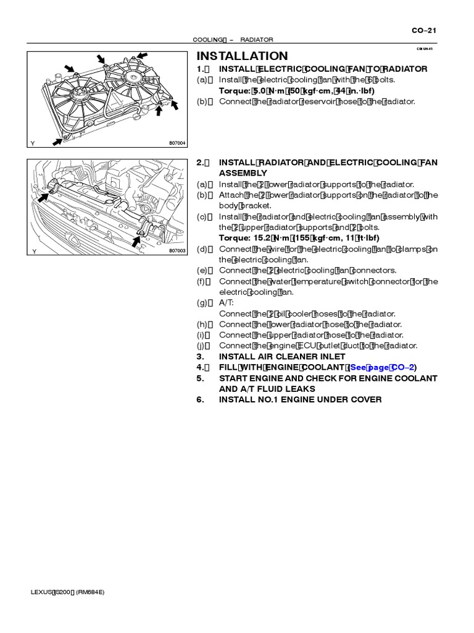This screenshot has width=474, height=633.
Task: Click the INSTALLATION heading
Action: pos(242,56)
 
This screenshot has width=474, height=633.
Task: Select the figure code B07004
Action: pos(177,143)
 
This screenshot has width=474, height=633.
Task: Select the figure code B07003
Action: pos(177,252)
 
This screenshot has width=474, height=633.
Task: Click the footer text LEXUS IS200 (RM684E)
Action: pos(67,592)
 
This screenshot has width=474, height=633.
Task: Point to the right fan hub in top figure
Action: pos(131,75)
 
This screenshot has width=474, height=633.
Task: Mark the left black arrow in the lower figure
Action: pos(43,197)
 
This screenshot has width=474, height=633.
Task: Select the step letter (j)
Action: pos(202,346)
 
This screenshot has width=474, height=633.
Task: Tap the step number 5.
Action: pos(200,378)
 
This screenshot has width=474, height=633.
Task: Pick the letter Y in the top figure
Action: pos(33,144)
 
